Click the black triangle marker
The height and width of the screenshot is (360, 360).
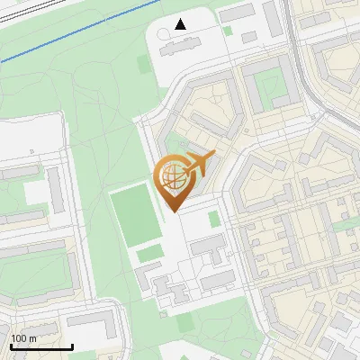(181, 24)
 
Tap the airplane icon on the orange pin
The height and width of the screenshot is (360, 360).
(199, 164)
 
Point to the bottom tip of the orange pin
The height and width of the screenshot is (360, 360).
(172, 211)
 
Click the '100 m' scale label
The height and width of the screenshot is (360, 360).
(23, 337)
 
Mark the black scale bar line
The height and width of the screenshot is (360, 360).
(41, 346)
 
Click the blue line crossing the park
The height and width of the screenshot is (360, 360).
(72, 36)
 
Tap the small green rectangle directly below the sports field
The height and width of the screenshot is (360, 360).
(148, 255)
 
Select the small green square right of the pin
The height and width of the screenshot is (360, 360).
(213, 219)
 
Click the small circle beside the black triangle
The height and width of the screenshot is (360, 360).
(164, 33)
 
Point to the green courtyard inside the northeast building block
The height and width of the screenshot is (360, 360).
(269, 87)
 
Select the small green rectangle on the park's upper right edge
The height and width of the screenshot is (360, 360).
(144, 65)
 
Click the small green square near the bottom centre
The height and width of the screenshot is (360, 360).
(185, 321)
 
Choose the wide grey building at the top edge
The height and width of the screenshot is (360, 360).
(238, 13)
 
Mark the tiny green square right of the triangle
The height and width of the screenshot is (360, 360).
(229, 31)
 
